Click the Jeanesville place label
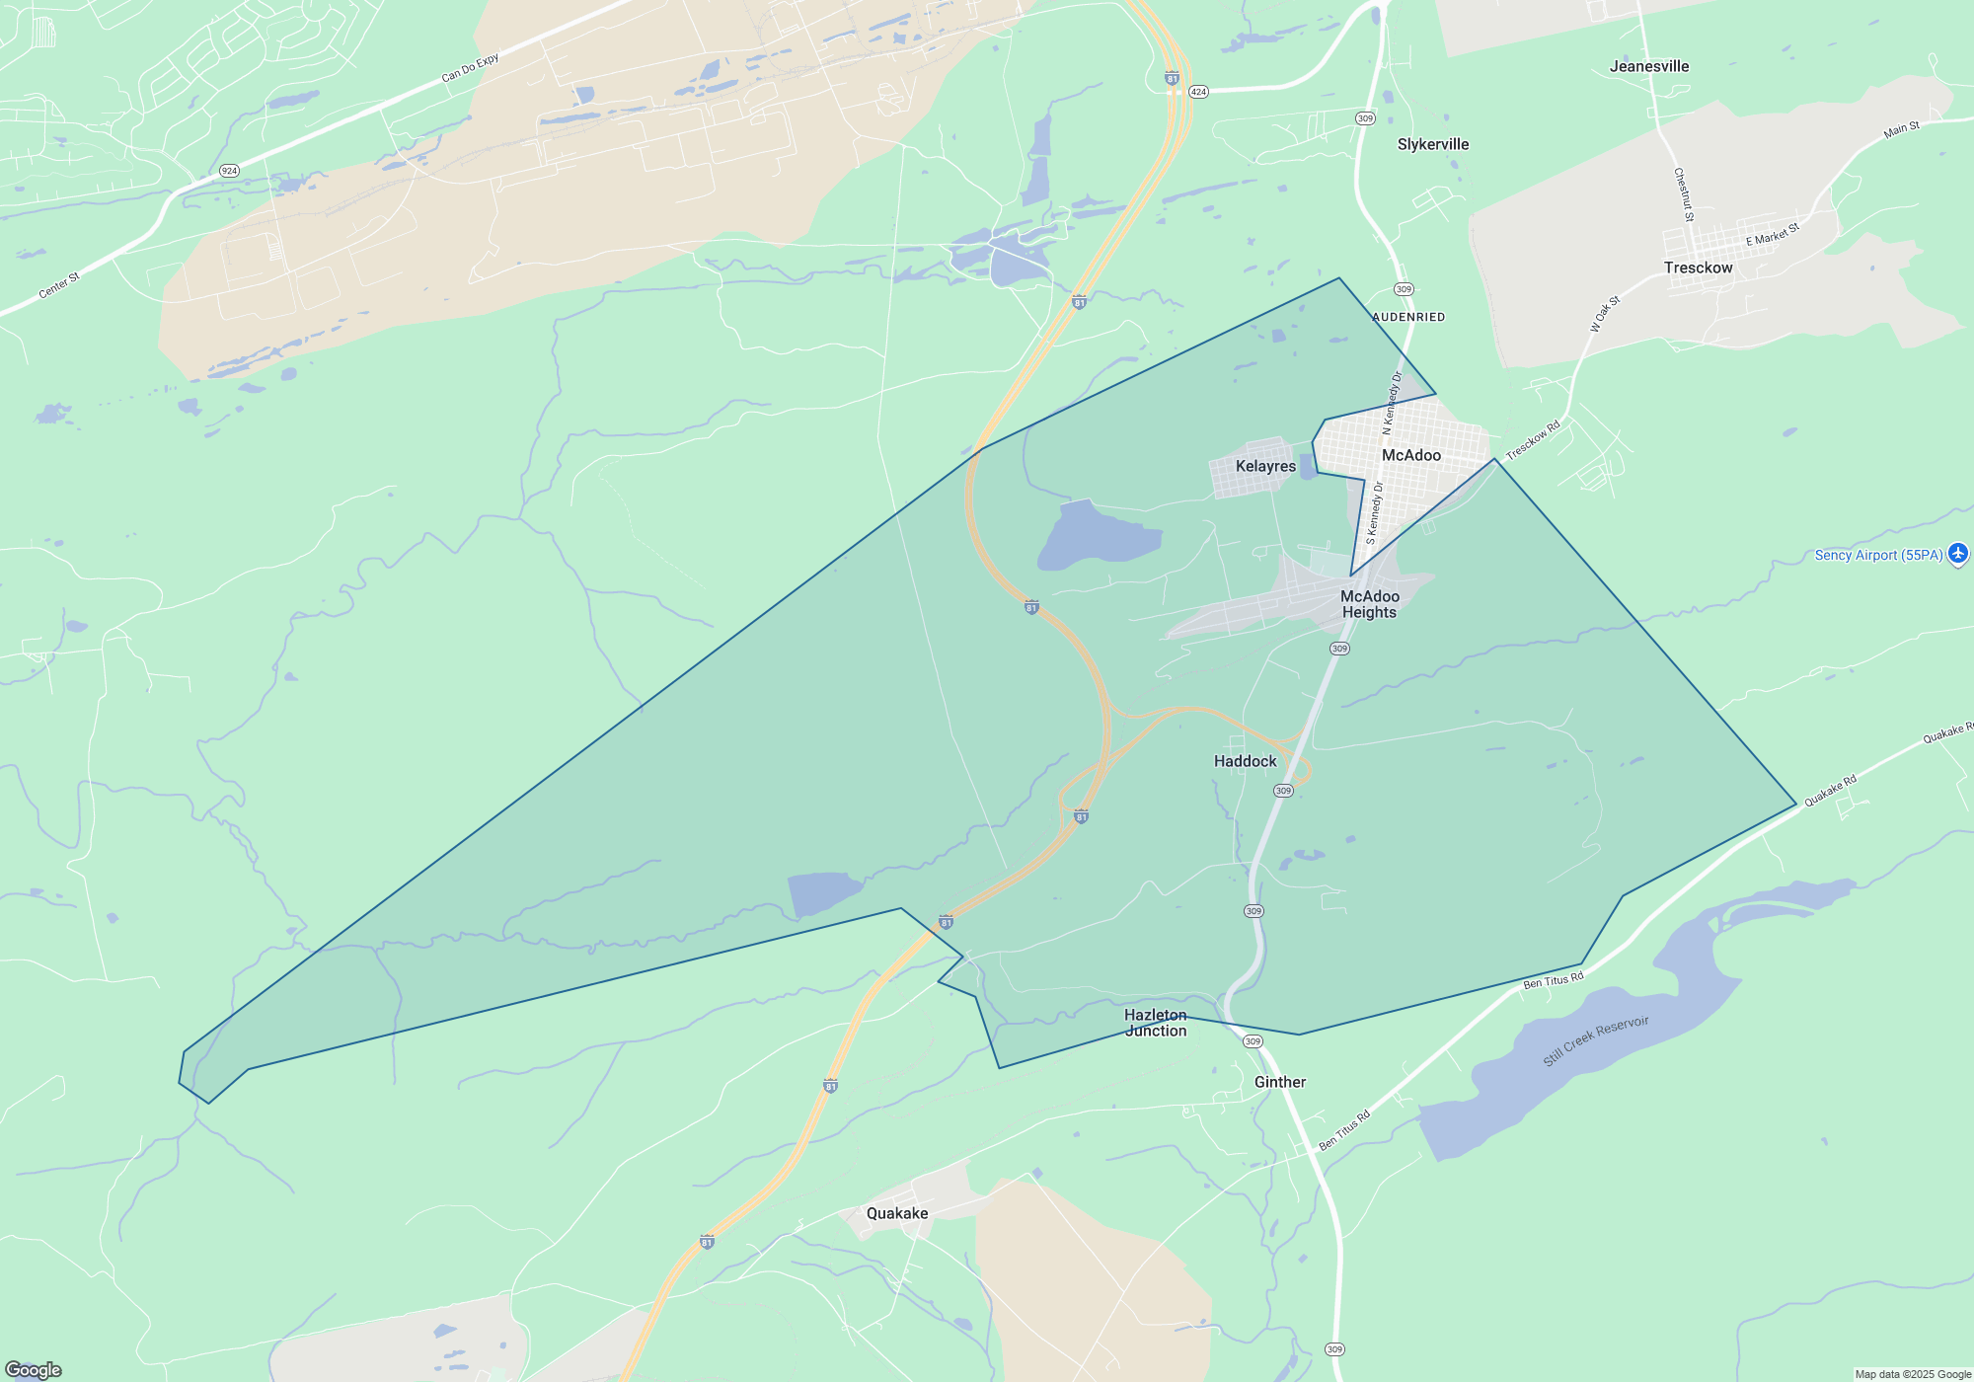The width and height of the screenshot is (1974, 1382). pyautogui.click(x=1649, y=66)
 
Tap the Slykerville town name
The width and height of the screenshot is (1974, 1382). pyautogui.click(x=1433, y=144)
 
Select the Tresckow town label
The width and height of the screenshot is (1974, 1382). pyautogui.click(x=1698, y=268)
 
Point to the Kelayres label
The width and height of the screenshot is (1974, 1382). pyautogui.click(x=1265, y=466)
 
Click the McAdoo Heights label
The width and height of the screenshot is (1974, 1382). pyautogui.click(x=1369, y=604)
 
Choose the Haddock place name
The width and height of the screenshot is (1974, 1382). pyautogui.click(x=1245, y=761)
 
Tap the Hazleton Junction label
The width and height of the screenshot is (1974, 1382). pyautogui.click(x=1156, y=1023)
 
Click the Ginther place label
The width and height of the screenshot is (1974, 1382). pyautogui.click(x=1280, y=1082)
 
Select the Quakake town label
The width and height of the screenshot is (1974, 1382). pyautogui.click(x=897, y=1213)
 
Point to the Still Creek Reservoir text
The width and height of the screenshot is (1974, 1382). pyautogui.click(x=1595, y=1040)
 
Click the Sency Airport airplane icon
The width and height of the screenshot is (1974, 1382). pyautogui.click(x=1958, y=554)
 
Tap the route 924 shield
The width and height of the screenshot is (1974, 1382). pyautogui.click(x=229, y=171)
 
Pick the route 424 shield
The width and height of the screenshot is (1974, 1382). pyautogui.click(x=1198, y=92)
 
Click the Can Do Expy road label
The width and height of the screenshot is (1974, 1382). pyautogui.click(x=470, y=68)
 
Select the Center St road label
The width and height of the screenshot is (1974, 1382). pyautogui.click(x=59, y=286)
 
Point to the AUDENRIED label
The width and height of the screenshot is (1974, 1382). pyautogui.click(x=1408, y=317)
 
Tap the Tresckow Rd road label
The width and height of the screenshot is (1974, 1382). pyautogui.click(x=1533, y=440)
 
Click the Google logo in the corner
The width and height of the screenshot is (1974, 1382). pyautogui.click(x=34, y=1370)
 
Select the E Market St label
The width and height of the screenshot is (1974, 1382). pyautogui.click(x=1773, y=234)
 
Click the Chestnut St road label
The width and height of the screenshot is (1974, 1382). pyautogui.click(x=1684, y=194)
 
